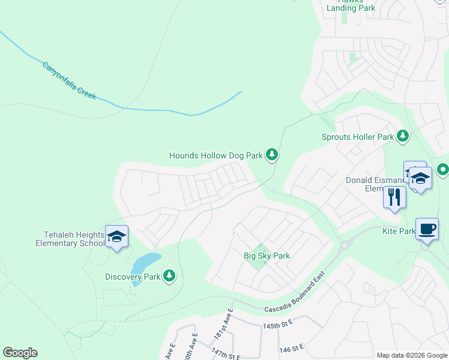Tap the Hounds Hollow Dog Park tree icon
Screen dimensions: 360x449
[273, 155]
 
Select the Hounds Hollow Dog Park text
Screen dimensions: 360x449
[215, 155]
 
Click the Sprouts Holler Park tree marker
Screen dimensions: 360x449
[403, 137]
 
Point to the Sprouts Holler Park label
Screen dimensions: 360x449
[358, 137]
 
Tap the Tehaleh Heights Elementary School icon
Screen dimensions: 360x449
[116, 237]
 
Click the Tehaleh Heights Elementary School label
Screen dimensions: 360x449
[69, 239]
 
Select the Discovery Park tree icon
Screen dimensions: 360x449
[170, 276]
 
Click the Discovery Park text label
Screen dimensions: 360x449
[133, 277]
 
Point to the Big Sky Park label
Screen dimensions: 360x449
[267, 256]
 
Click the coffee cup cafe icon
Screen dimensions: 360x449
[427, 229]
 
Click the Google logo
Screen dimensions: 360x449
[20, 353]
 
